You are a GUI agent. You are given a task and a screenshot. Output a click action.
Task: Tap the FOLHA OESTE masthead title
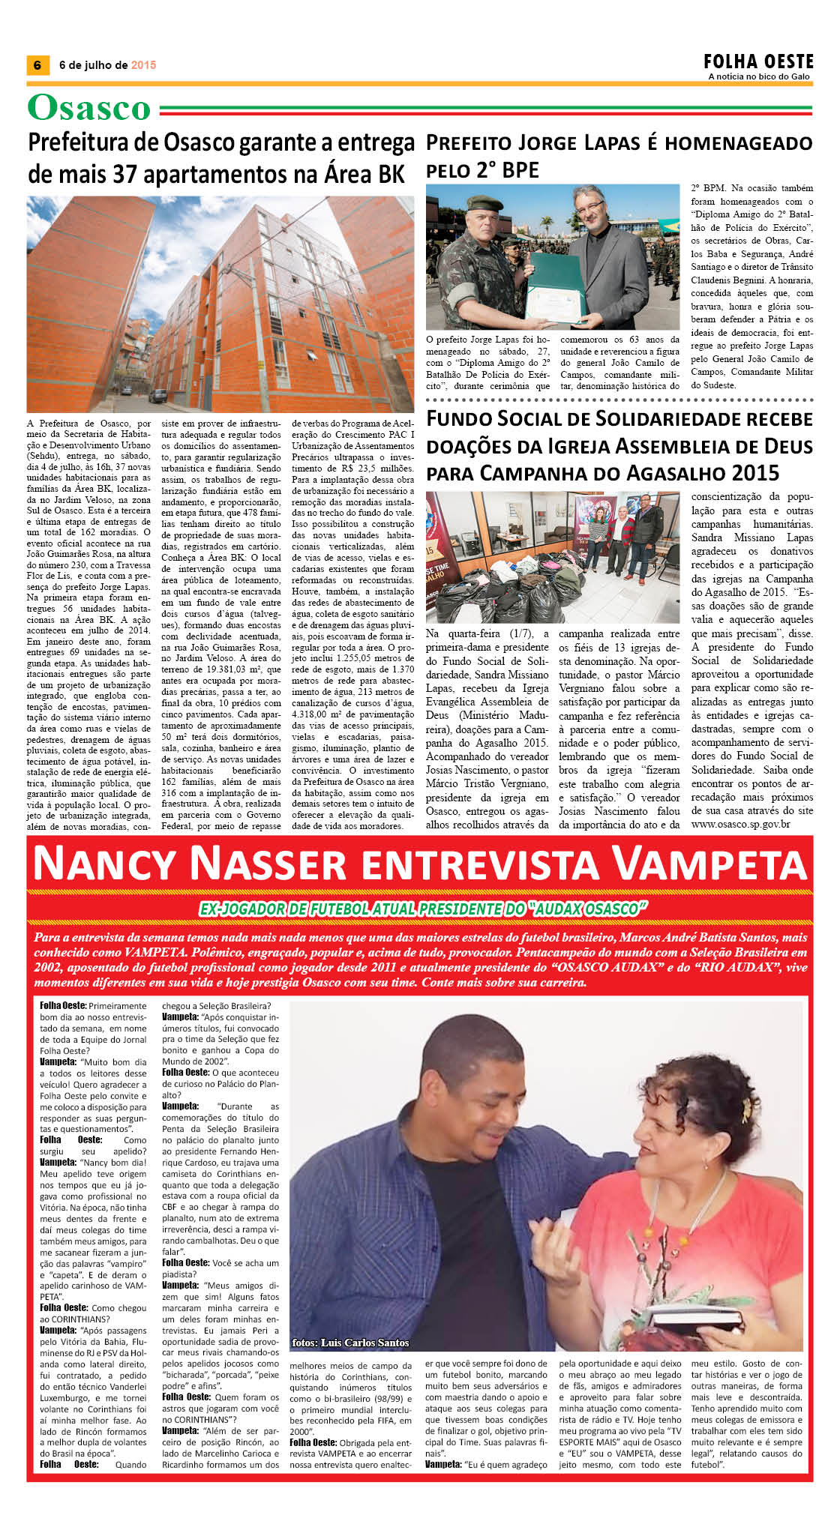[x=758, y=61]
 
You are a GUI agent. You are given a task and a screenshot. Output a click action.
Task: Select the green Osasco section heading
[x=89, y=108]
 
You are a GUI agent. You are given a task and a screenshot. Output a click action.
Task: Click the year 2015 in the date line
[x=143, y=65]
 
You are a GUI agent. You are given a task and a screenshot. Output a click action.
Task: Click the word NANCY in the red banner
[x=105, y=864]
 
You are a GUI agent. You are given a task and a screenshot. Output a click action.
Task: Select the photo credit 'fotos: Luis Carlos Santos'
[x=350, y=1343]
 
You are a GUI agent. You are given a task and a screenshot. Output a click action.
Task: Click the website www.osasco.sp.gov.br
[x=740, y=825]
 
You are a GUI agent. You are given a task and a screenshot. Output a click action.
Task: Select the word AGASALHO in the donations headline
[x=673, y=474]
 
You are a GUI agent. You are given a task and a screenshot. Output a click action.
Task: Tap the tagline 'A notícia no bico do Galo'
[x=758, y=76]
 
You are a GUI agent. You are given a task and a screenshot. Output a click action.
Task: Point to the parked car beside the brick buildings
[x=157, y=395]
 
